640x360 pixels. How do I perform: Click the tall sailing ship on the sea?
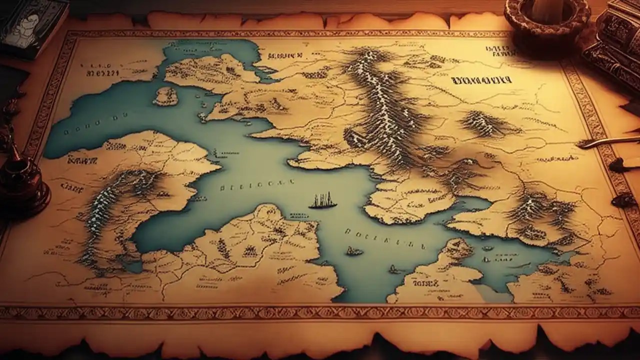click(322, 200)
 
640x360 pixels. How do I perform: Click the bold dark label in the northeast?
click(480, 80)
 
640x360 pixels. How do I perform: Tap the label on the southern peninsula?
click(425, 283)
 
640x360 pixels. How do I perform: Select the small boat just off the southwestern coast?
click(354, 251)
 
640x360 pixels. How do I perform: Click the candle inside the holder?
click(548, 7)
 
